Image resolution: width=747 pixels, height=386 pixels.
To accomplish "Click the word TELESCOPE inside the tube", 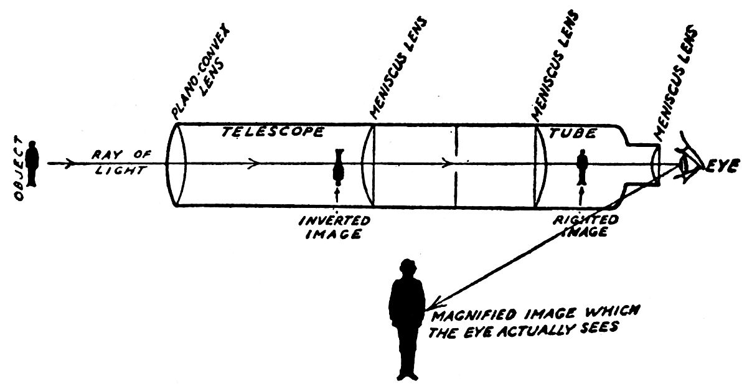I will pyautogui.click(x=273, y=132).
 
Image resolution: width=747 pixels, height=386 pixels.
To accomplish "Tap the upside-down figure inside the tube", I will pyautogui.click(x=339, y=165).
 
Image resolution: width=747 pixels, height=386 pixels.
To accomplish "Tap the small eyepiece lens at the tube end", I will pyautogui.click(x=655, y=164).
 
